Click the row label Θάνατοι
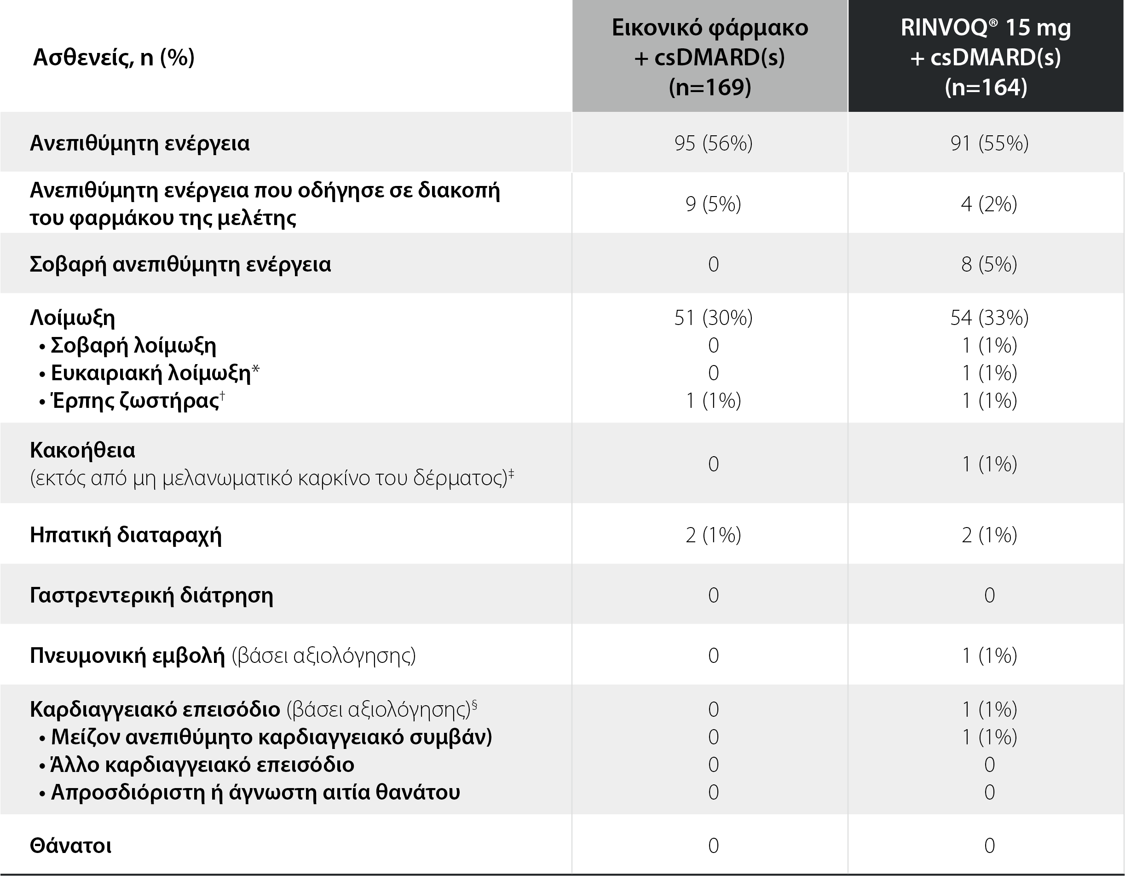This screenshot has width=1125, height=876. (70, 846)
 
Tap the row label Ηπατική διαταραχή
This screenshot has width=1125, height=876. (126, 535)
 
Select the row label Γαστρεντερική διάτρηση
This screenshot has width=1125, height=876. (151, 595)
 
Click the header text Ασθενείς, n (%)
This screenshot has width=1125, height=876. (114, 57)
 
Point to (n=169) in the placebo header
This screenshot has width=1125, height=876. (710, 87)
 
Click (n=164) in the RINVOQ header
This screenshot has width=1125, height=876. (986, 87)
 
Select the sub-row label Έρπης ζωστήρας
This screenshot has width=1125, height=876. (135, 400)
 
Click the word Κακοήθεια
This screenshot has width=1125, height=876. (82, 450)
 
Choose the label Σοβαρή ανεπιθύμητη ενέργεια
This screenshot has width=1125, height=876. (180, 264)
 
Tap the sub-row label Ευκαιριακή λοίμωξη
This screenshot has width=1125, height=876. (150, 372)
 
